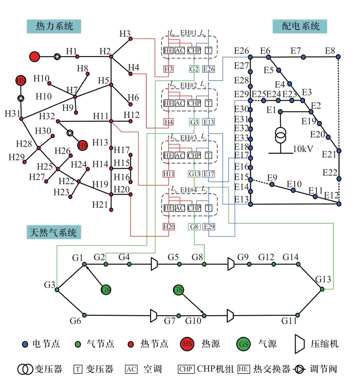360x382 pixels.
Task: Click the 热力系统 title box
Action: tap(54, 26)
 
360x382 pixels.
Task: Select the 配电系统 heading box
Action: tap(301, 26)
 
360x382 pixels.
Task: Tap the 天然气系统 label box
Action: tap(54, 232)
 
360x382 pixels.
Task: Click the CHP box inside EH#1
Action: tap(194, 50)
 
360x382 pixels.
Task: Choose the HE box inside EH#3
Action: tap(168, 155)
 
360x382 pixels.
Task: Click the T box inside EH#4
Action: tap(209, 208)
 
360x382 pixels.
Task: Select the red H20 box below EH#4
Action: tap(169, 227)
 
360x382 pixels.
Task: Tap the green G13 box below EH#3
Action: tap(194, 174)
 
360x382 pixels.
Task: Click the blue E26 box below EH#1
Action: tap(209, 69)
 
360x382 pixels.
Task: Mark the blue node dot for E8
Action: tap(338, 57)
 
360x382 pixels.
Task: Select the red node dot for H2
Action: tap(111, 56)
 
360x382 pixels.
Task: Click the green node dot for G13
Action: tap(322, 289)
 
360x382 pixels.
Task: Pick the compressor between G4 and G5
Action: tap(154, 264)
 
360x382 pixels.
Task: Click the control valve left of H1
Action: tap(57, 56)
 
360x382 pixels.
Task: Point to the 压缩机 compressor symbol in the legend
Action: tap(299, 344)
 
